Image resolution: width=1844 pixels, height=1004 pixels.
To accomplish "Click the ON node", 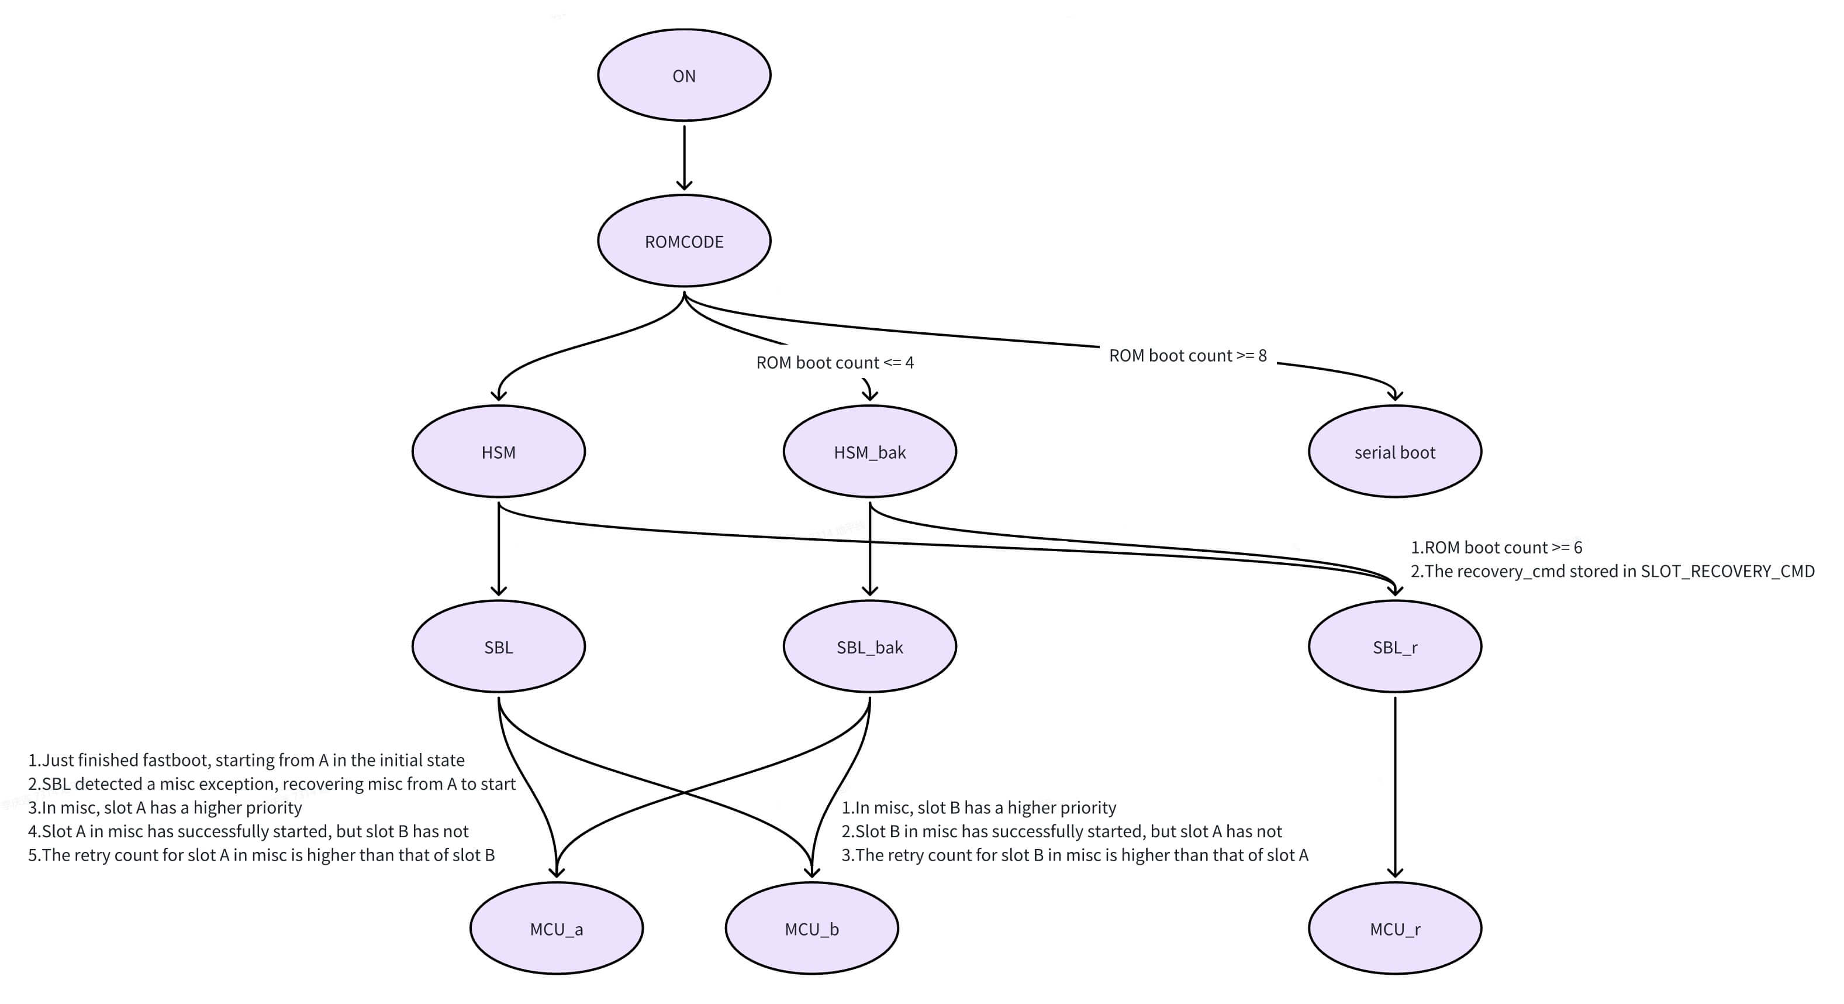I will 683,75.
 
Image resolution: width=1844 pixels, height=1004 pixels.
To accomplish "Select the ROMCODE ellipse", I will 683,241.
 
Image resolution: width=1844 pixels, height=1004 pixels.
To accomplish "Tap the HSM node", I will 498,452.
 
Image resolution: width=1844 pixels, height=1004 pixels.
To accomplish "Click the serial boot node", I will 1394,452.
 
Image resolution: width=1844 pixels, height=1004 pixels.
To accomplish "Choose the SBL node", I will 498,647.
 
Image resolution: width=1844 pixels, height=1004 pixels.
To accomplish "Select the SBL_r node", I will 1394,647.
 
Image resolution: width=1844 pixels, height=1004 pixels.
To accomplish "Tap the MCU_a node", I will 556,928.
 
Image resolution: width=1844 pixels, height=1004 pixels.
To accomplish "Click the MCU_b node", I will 811,928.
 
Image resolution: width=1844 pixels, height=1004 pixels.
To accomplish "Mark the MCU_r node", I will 1394,928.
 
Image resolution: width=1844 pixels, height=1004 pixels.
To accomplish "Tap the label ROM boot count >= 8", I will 1187,355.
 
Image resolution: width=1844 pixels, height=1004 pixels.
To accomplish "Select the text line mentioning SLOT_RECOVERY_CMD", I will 1612,571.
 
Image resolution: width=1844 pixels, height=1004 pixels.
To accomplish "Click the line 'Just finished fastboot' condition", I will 246,760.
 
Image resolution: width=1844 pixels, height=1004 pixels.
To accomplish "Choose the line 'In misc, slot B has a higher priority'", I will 979,807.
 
